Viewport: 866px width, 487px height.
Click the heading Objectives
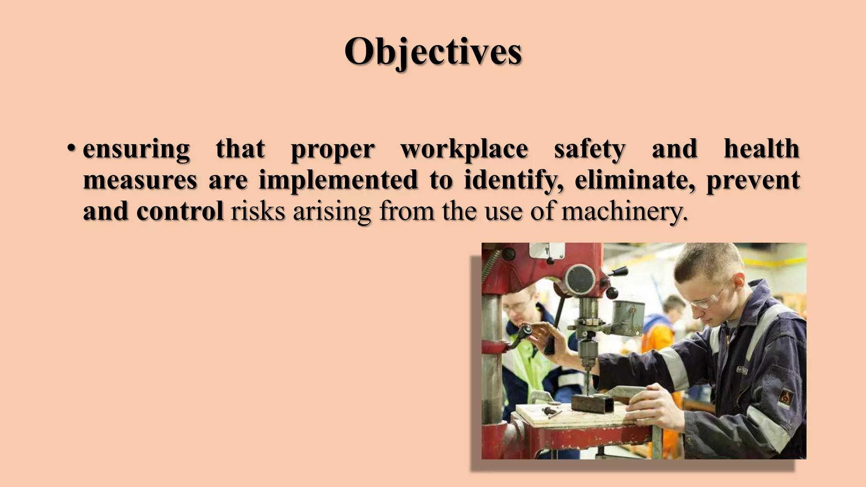pyautogui.click(x=433, y=52)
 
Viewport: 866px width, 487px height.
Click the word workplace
pyautogui.click(x=464, y=149)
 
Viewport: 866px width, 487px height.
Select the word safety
pyautogui.click(x=589, y=149)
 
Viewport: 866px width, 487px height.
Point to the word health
pyautogui.click(x=762, y=149)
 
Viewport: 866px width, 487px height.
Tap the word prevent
pyautogui.click(x=753, y=180)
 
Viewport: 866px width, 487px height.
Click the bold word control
pyautogui.click(x=180, y=211)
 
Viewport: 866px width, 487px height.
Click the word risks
pyautogui.click(x=258, y=211)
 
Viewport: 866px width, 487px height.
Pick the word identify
pyautogui.click(x=513, y=180)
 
